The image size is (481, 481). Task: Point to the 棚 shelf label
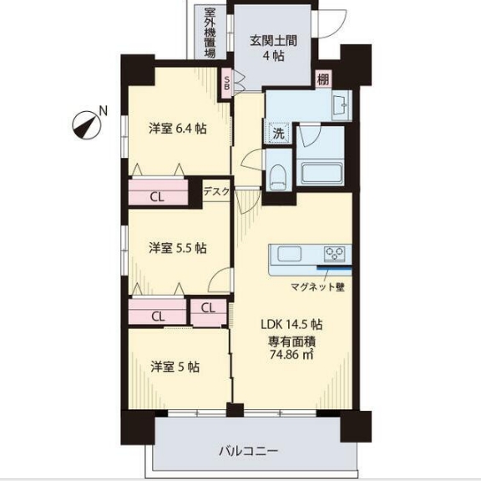322,80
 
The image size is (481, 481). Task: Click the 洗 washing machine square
276,132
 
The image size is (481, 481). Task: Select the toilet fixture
280,176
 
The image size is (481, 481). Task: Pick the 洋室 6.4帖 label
178,129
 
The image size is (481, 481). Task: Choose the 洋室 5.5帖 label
178,248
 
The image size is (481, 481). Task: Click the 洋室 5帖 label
175,367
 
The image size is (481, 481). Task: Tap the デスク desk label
215,192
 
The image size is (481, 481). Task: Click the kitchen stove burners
335,255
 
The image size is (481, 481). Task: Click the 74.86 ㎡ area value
290,354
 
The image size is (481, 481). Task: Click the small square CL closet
208,307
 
